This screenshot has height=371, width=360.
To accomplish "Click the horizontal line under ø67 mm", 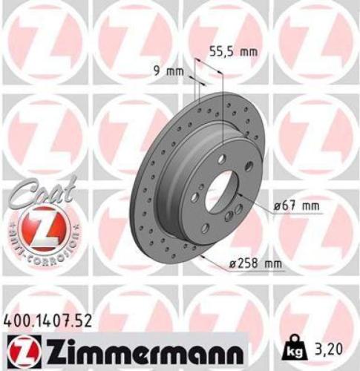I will [x=293, y=214].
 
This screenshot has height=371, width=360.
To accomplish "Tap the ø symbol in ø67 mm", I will [x=277, y=205].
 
